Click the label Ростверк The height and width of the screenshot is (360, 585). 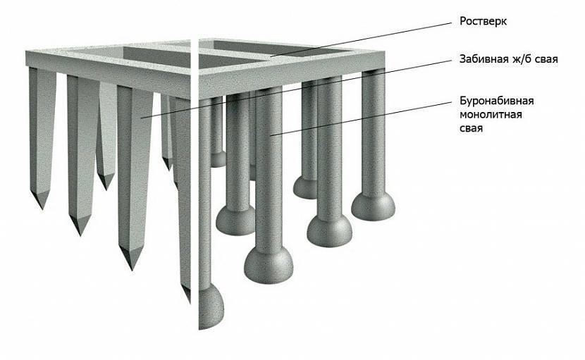tap(483, 21)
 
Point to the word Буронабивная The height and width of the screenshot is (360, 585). tap(497, 101)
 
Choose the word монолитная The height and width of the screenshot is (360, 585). tap(491, 115)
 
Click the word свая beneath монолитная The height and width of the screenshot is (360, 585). tap(471, 129)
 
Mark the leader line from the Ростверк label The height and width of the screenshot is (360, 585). tap(361, 40)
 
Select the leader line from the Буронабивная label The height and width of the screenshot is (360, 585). tap(361, 119)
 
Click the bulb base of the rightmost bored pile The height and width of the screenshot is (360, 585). tap(373, 206)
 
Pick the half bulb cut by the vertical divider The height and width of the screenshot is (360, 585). tap(211, 306)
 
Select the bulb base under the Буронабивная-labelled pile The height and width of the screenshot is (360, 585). tap(269, 264)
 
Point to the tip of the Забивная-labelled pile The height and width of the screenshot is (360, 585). tap(131, 268)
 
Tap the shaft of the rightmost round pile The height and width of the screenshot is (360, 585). tap(373, 130)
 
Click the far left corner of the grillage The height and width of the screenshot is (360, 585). tap(27, 51)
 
